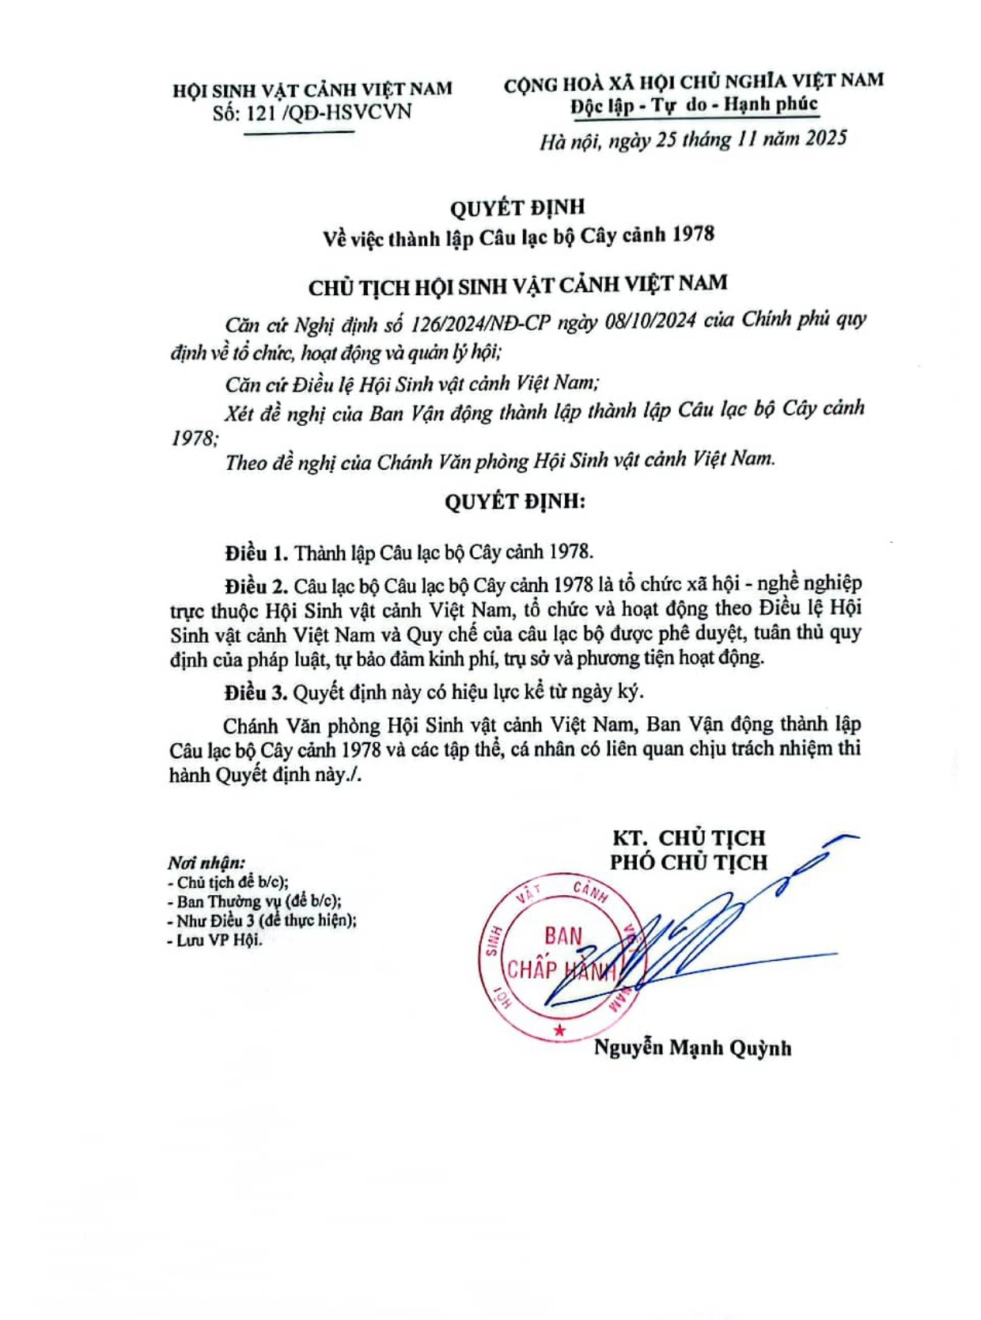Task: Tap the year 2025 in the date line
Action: point(826,138)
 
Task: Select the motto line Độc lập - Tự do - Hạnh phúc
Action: point(694,105)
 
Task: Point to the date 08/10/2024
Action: point(650,321)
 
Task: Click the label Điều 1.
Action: point(256,552)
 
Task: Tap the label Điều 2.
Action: point(256,586)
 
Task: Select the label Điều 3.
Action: point(256,692)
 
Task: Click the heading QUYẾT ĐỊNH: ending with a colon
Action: point(515,502)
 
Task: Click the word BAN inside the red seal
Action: point(563,936)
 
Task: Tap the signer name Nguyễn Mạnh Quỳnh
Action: point(692,1048)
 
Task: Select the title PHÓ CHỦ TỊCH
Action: point(688,863)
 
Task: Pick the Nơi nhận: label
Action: point(206,863)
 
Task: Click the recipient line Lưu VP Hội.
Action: point(214,940)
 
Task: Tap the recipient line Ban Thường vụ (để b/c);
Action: point(255,901)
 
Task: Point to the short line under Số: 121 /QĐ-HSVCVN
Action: point(298,132)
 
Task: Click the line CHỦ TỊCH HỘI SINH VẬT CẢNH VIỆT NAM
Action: point(517,284)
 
